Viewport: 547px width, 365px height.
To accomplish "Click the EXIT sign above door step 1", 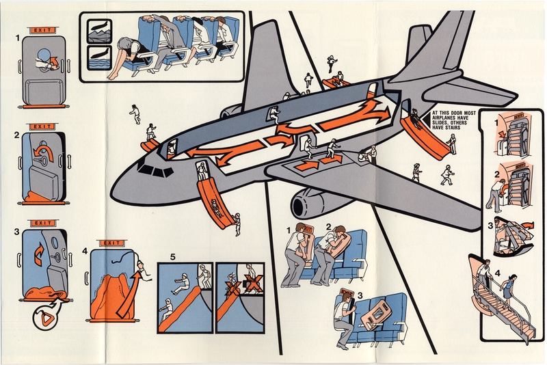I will (43, 30).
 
